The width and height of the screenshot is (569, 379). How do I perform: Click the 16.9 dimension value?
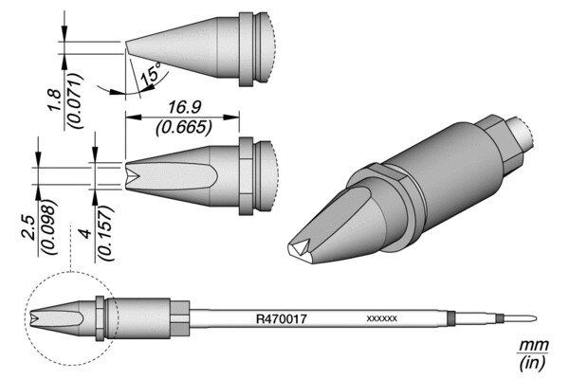(x=185, y=107)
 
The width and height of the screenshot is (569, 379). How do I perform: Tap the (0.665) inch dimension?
(x=184, y=127)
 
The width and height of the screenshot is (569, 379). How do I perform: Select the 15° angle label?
(x=151, y=74)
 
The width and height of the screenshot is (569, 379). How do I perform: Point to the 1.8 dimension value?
(x=55, y=100)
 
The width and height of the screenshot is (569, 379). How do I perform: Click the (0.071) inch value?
(x=76, y=100)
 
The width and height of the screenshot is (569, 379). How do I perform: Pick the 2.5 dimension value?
(x=28, y=227)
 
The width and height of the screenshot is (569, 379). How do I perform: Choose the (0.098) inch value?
(x=49, y=227)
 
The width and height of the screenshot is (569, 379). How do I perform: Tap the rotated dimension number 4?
(x=86, y=233)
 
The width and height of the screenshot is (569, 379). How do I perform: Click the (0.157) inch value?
(x=105, y=233)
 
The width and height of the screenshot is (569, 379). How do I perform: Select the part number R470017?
(x=282, y=319)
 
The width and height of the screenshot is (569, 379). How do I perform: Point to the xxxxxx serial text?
(x=382, y=318)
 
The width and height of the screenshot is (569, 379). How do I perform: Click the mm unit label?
(x=533, y=346)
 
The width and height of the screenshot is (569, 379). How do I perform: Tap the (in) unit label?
(x=533, y=363)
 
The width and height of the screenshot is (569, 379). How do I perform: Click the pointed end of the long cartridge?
(x=537, y=319)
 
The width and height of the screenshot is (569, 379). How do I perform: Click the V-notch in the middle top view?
(x=133, y=176)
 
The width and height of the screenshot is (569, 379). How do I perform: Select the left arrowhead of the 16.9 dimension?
(x=133, y=117)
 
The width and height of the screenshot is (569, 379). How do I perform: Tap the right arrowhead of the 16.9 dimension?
(x=231, y=117)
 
